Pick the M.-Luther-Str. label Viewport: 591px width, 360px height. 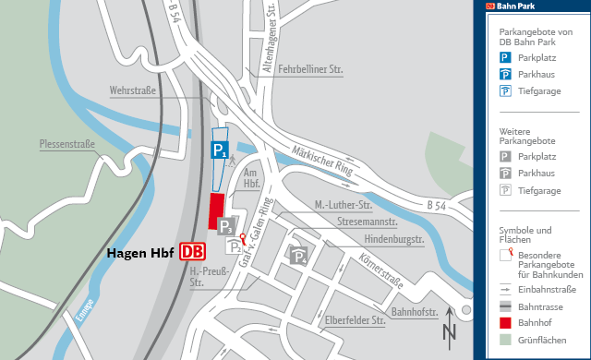(x=342, y=204)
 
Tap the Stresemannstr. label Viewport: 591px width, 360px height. (x=368, y=222)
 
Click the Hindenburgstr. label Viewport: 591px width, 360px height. (x=392, y=240)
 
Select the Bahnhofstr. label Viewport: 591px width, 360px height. (x=415, y=312)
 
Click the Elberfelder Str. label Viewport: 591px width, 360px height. (x=355, y=321)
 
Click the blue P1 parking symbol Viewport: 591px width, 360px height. (x=219, y=150)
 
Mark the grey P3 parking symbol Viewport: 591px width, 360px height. (x=227, y=225)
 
